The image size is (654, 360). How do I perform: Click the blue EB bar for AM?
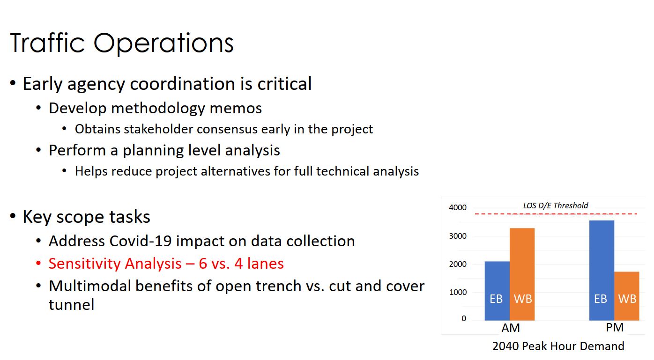click(497, 291)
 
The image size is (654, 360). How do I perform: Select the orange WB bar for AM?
click(522, 274)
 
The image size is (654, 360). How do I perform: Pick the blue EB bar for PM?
click(602, 271)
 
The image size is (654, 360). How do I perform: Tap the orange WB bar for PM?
click(626, 296)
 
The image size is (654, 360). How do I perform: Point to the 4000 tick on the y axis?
click(458, 208)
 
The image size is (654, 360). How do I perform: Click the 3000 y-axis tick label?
click(458, 236)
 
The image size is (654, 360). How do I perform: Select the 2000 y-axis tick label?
click(458, 264)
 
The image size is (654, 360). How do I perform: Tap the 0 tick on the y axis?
click(464, 318)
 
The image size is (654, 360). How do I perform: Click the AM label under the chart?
click(511, 328)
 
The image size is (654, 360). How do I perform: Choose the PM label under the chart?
click(615, 328)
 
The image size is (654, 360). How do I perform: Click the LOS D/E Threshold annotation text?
click(555, 206)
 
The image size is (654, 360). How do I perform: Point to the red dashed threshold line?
click(556, 214)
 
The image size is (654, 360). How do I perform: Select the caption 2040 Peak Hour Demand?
click(558, 346)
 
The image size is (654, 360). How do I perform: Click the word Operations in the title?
click(163, 43)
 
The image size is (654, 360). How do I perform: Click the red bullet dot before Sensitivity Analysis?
click(38, 263)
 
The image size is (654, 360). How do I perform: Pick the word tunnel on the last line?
click(71, 305)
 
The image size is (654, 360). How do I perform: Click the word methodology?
click(158, 109)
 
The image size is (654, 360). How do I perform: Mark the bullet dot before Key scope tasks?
click(13, 216)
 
